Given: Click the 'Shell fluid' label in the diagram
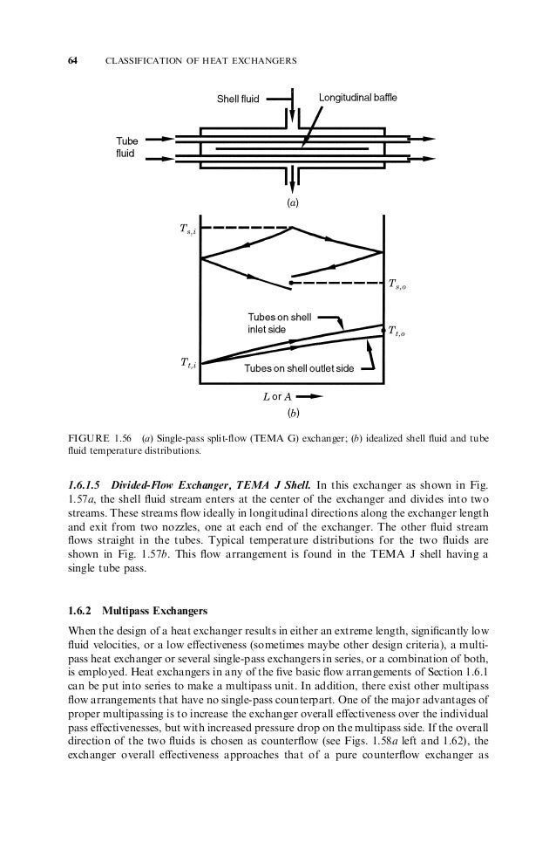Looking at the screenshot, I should (x=239, y=100).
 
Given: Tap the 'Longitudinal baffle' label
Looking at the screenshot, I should (x=357, y=99).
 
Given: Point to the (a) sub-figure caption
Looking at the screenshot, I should (x=293, y=202).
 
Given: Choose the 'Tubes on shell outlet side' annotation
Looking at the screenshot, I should (x=299, y=368).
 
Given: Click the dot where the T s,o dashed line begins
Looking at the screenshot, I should (x=290, y=283).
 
